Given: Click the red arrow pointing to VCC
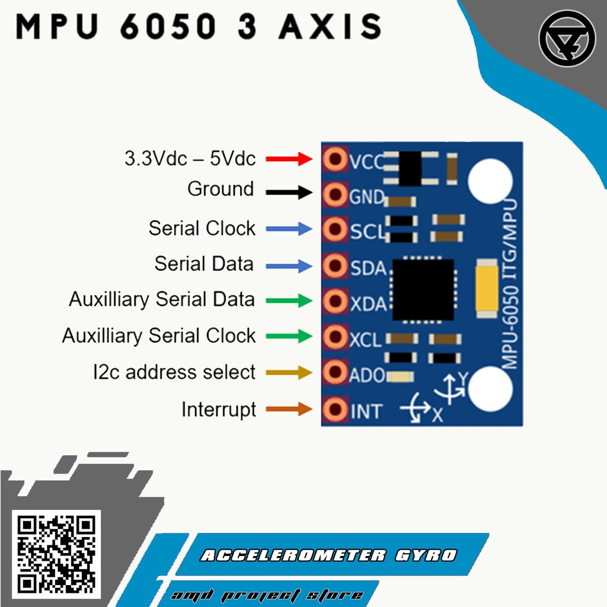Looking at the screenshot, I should [289, 159].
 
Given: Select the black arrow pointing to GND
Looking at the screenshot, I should [289, 192].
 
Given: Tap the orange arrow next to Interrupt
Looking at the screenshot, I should [289, 409].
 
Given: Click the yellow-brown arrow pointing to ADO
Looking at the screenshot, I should [289, 373].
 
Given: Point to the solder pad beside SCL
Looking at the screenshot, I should [336, 229].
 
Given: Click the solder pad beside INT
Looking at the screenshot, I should [336, 409].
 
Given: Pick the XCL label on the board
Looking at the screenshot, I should [366, 340].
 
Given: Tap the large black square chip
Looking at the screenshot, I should [423, 289].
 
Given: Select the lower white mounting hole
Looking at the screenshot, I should [490, 388].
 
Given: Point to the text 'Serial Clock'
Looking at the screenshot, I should [202, 228].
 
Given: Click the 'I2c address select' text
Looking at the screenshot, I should [174, 372].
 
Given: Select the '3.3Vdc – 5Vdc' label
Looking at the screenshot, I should [190, 159].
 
